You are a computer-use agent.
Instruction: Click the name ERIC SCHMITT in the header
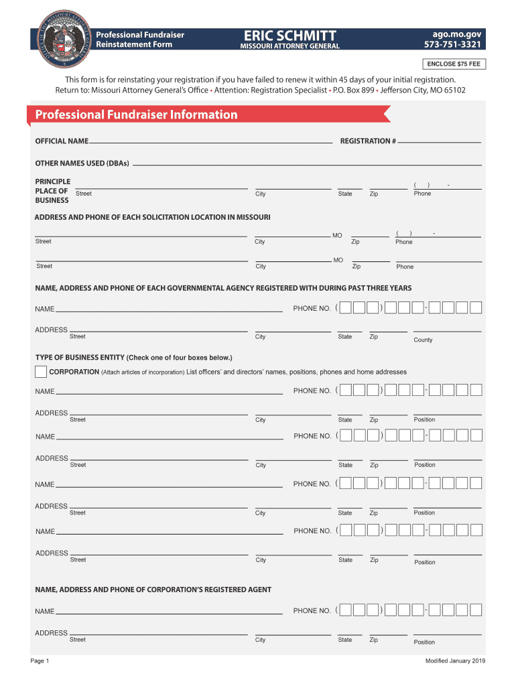coord(290,35)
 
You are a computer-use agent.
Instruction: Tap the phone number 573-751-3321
coord(452,45)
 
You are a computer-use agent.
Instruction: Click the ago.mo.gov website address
coord(457,34)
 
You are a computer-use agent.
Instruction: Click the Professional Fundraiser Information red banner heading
coord(137,115)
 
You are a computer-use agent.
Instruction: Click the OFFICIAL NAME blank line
coord(210,142)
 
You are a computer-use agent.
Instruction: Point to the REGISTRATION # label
coord(368,141)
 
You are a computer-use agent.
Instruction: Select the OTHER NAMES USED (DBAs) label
coord(82,163)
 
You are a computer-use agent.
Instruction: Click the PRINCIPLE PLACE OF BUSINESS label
coord(52,191)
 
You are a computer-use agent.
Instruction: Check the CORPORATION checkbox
coord(41,372)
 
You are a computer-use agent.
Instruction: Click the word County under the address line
coord(423,340)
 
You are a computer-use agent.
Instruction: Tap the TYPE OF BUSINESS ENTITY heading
coord(133,357)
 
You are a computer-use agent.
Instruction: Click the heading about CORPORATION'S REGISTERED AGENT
coord(153,590)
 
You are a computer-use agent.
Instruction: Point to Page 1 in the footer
coord(40,661)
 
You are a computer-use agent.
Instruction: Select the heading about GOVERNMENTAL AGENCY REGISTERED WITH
coord(223,288)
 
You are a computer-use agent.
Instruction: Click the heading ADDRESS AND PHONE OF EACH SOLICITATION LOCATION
coord(152,218)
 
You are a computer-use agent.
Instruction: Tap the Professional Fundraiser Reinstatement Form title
coord(139,40)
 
